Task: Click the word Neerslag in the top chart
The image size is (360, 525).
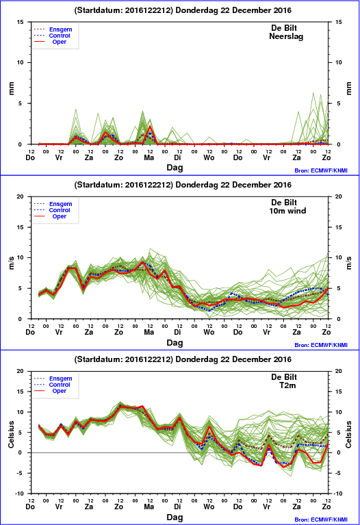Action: pyautogui.click(x=286, y=36)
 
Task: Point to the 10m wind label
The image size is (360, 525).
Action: pyautogui.click(x=287, y=211)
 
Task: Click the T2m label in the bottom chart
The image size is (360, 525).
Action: pyautogui.click(x=287, y=385)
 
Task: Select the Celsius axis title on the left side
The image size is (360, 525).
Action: pyautogui.click(x=12, y=434)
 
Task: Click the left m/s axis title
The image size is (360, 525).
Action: pyautogui.click(x=12, y=263)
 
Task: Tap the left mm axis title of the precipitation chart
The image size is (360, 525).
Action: pyautogui.click(x=12, y=88)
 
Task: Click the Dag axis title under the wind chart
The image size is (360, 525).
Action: pyautogui.click(x=175, y=342)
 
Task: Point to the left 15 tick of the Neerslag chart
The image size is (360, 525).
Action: pyautogui.click(x=21, y=22)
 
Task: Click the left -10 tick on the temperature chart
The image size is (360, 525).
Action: pyautogui.click(x=19, y=494)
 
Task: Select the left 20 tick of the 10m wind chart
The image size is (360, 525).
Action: pyautogui.click(x=21, y=196)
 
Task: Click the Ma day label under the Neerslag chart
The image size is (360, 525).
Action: pyautogui.click(x=149, y=157)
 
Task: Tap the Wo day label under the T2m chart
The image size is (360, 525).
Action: pyautogui.click(x=209, y=507)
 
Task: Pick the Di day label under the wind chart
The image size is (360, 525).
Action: pyautogui.click(x=177, y=332)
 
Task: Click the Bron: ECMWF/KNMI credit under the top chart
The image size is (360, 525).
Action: pyautogui.click(x=321, y=170)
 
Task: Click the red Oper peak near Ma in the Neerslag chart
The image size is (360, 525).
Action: pyautogui.click(x=150, y=126)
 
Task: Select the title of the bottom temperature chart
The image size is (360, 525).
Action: pyautogui.click(x=183, y=359)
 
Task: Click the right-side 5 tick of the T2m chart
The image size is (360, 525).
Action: pyautogui.click(x=339, y=433)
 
